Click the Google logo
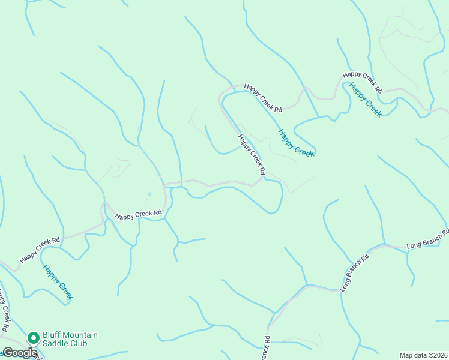click(20, 353)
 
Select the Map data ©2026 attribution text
click(423, 355)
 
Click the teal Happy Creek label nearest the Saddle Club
click(58, 282)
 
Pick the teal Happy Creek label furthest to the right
click(365, 100)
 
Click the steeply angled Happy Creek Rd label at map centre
click(252, 155)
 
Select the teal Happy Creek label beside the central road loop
click(296, 143)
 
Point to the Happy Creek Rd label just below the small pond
click(139, 214)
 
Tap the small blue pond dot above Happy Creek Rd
click(149, 194)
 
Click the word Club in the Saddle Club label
click(78, 343)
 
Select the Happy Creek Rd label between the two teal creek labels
click(263, 98)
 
